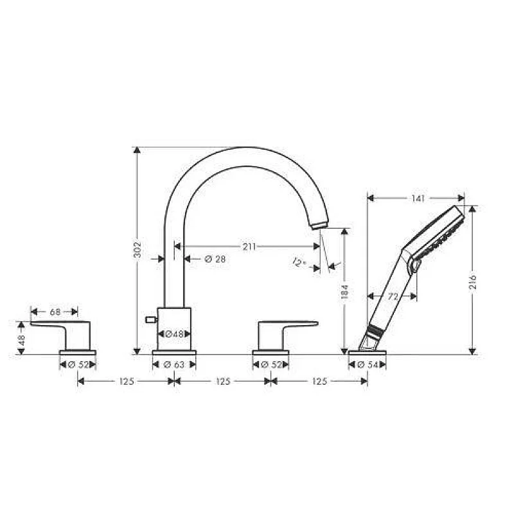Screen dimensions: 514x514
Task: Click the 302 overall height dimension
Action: click(138, 250)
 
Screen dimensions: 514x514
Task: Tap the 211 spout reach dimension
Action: click(249, 247)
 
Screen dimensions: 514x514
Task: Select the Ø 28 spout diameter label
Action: click(215, 259)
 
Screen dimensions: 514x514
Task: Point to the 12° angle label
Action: click(299, 262)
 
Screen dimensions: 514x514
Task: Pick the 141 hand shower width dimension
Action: click(418, 199)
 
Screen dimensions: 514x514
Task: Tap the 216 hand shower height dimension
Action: click(473, 282)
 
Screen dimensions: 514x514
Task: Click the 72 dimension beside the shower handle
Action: click(393, 297)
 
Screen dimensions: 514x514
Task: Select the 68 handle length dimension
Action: click(55, 312)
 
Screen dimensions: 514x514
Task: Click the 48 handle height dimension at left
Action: click(22, 340)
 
